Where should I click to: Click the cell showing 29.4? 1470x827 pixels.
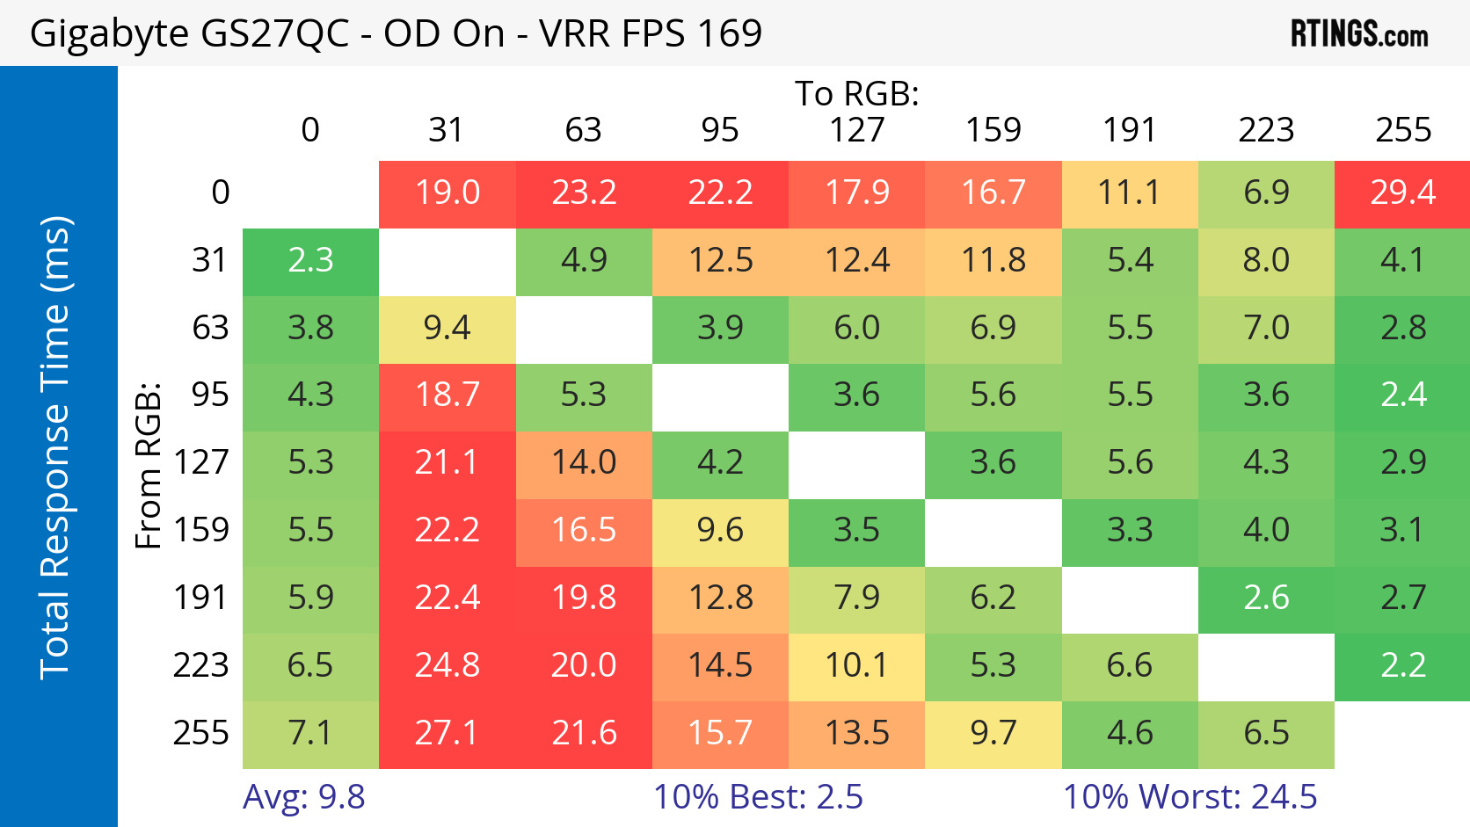[x=1402, y=192]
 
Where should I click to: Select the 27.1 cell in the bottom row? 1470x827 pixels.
[x=447, y=733]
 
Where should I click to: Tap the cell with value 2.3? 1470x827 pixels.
[x=310, y=260]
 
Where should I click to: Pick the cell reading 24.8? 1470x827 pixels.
[x=447, y=665]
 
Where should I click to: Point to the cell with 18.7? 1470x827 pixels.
[x=447, y=395]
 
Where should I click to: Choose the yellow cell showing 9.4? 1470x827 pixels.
[x=447, y=328]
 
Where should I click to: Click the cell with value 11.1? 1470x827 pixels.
[x=1130, y=192]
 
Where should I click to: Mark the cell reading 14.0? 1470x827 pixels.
[x=584, y=462]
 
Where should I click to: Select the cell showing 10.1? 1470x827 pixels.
[x=856, y=665]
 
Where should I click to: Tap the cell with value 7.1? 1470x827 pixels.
[x=310, y=733]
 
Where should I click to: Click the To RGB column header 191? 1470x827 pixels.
[x=1130, y=130]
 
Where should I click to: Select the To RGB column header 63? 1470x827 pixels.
[x=584, y=130]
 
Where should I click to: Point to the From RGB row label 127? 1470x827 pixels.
[x=201, y=462]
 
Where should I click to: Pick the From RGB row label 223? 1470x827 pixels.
[x=201, y=665]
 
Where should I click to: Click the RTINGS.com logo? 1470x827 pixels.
[x=1358, y=34]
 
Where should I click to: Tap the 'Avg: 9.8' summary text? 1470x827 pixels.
[x=304, y=797]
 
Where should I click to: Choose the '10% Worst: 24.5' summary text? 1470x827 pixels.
[x=1190, y=797]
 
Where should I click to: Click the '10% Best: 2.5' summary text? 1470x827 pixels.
[x=758, y=797]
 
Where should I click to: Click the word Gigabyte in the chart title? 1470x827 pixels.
[x=109, y=34]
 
